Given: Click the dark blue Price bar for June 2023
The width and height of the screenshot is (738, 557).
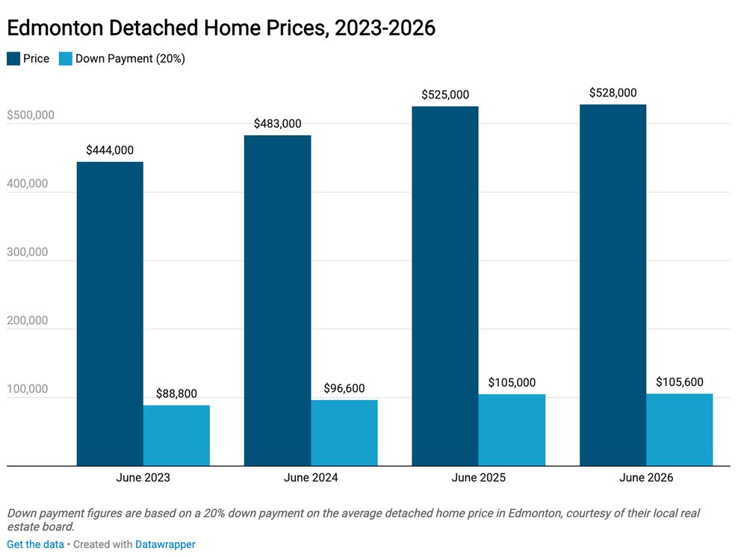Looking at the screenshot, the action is click(x=110, y=314).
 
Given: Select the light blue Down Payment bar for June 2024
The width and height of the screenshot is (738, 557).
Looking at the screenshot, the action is click(x=344, y=433).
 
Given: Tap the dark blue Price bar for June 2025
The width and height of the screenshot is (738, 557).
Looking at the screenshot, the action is click(x=445, y=286).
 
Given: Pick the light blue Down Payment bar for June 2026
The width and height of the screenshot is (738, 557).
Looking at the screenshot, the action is click(x=680, y=429).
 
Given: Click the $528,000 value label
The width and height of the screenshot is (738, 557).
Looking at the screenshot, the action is click(x=613, y=93).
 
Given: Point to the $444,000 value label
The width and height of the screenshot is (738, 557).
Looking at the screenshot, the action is click(x=110, y=150).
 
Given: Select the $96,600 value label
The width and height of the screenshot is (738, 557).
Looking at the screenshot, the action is click(x=344, y=388).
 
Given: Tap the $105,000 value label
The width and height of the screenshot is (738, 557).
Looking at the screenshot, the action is click(x=512, y=382).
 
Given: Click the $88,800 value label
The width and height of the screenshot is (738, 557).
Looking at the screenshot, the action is click(x=176, y=393).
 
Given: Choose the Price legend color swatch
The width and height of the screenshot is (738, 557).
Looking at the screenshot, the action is click(x=13, y=59).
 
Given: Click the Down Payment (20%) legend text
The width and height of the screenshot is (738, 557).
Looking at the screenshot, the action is click(x=131, y=59).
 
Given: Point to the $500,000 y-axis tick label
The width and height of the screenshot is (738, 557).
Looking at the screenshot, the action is click(x=31, y=115).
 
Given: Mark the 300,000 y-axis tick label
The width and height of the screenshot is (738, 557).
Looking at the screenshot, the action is click(x=28, y=252).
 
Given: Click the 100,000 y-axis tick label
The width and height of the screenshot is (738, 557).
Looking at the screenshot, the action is click(x=28, y=389).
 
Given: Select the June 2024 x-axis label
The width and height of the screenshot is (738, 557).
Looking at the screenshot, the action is click(x=311, y=478).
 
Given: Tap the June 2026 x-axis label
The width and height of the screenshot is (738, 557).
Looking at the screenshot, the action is click(x=646, y=478).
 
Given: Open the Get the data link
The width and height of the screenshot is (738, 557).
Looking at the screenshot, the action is click(x=35, y=544).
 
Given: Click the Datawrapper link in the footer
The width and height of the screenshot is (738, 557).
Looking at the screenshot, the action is click(x=165, y=544).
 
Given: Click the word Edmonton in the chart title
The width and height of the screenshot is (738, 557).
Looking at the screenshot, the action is click(x=55, y=28).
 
